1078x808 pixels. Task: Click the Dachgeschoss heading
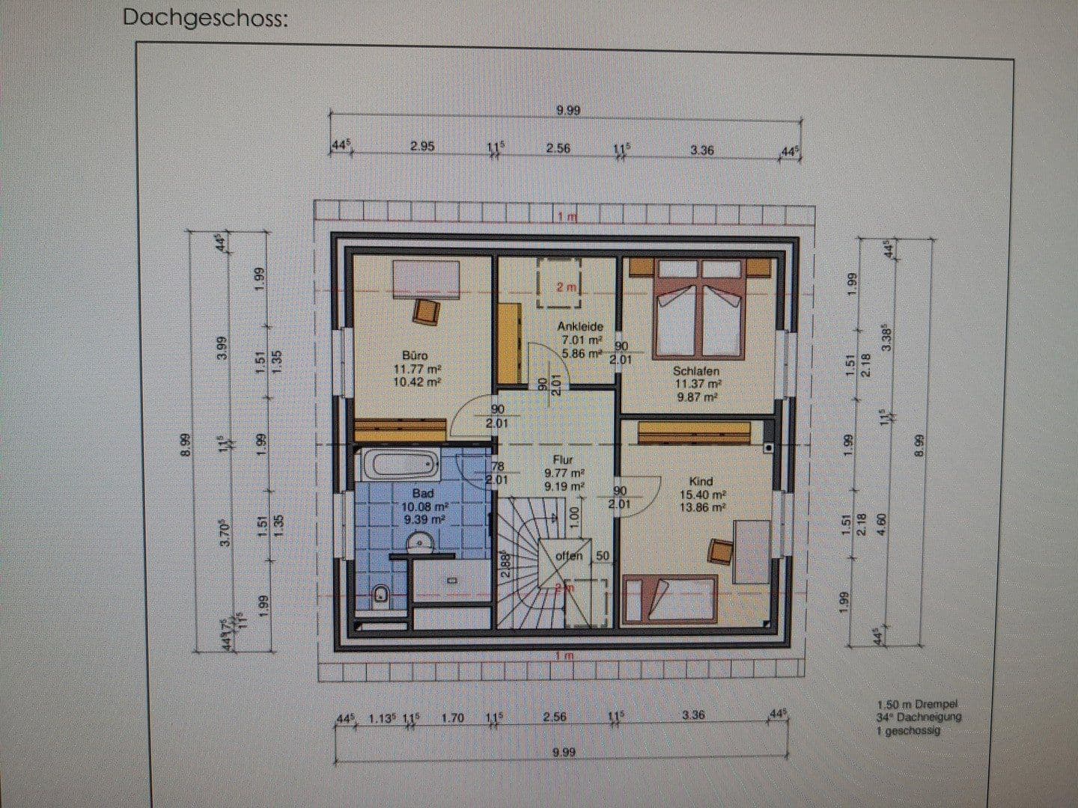click(x=204, y=18)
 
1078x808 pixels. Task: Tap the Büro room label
click(x=415, y=355)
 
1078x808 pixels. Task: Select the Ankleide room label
click(x=579, y=326)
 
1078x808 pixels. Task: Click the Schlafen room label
click(x=695, y=370)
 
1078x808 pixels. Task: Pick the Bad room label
click(x=423, y=493)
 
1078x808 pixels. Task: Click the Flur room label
click(x=563, y=459)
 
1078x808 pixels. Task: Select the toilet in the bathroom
click(x=380, y=596)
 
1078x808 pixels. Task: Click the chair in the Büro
click(x=427, y=310)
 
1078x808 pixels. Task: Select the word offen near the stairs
click(x=568, y=556)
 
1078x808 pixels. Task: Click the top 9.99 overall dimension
click(x=568, y=111)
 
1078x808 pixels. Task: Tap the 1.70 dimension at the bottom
click(x=452, y=717)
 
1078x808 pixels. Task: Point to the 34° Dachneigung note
click(x=918, y=717)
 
